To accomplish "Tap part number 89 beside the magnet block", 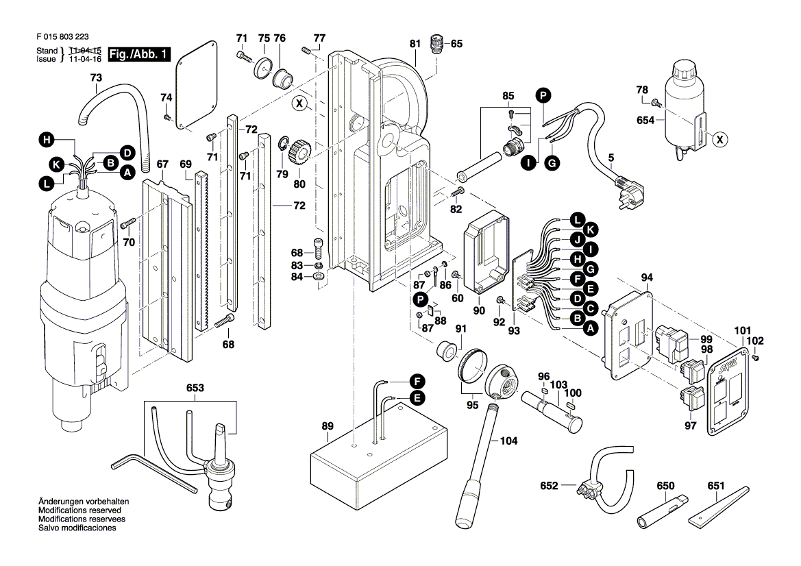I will coord(328,426).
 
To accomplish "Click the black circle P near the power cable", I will coord(543,96).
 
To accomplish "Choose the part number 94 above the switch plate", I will coord(647,278).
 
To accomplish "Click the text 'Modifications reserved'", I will coord(79,511).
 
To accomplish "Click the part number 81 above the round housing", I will coord(415,44).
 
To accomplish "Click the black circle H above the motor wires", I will coord(46,140).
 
